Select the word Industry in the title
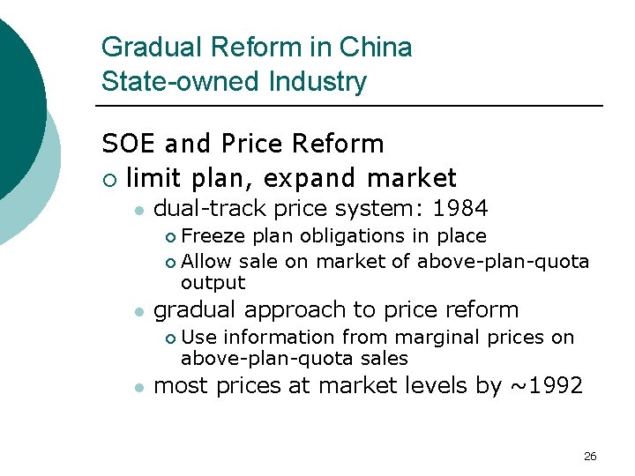coord(321,82)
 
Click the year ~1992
coord(545,385)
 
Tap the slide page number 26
coord(590,456)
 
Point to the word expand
coord(306,178)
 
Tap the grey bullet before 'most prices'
coord(139,387)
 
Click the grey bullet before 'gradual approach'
coord(139,312)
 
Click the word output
coord(213,283)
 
